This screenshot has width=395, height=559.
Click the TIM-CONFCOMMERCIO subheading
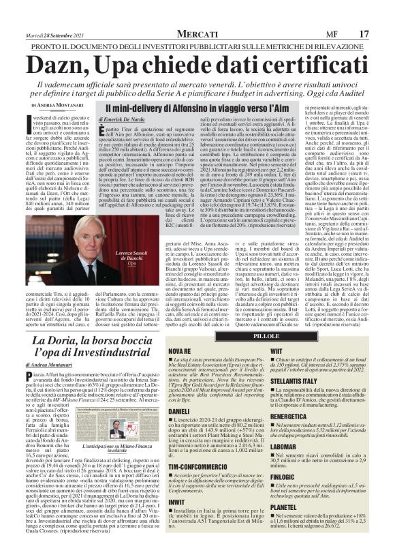pos(198,485)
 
